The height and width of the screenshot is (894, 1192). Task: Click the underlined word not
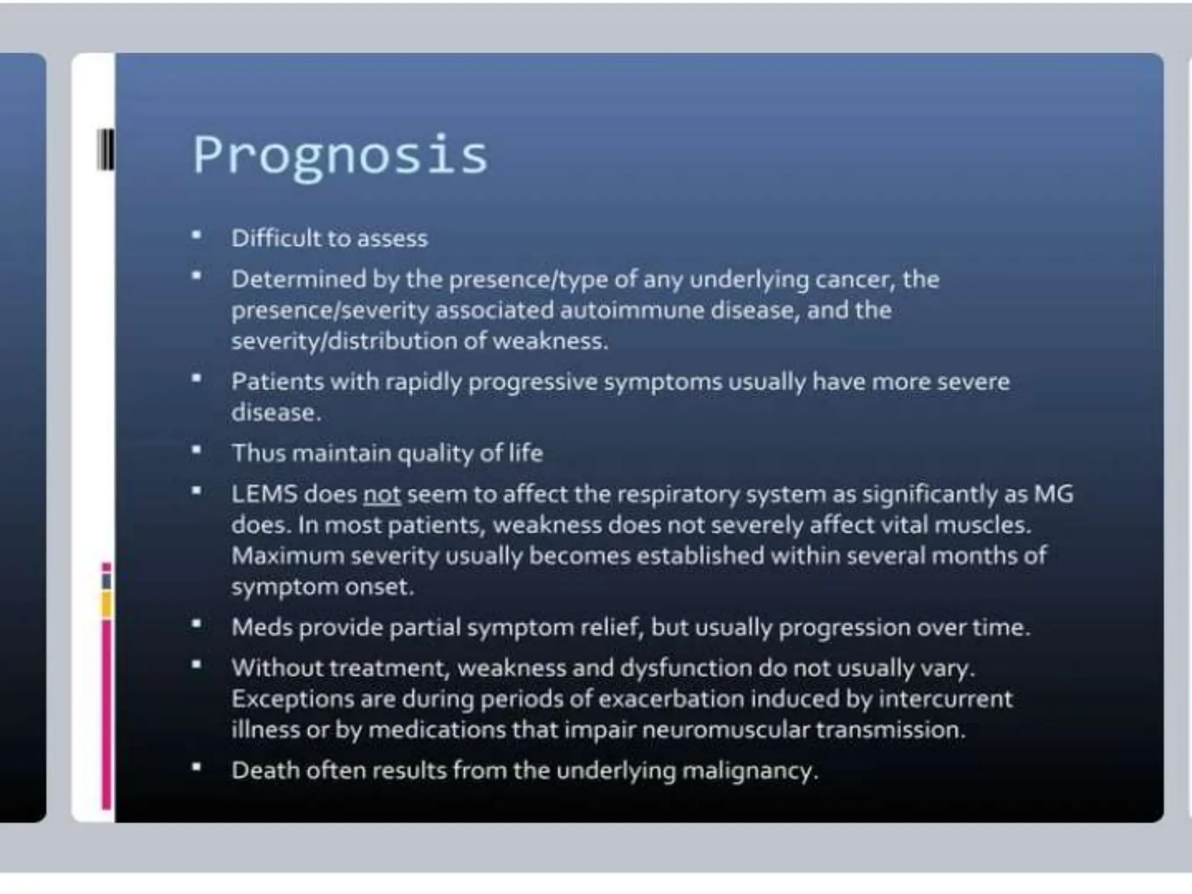click(x=382, y=495)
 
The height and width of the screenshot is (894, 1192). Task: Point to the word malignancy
click(x=750, y=771)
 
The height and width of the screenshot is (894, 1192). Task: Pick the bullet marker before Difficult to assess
click(x=197, y=236)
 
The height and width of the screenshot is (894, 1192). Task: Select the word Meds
click(x=261, y=627)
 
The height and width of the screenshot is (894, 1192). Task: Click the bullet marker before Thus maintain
click(x=197, y=450)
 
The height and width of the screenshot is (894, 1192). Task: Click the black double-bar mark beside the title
click(x=106, y=150)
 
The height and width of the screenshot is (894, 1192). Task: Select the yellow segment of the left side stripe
click(x=106, y=604)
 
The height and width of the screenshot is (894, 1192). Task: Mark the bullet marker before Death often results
click(x=197, y=768)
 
